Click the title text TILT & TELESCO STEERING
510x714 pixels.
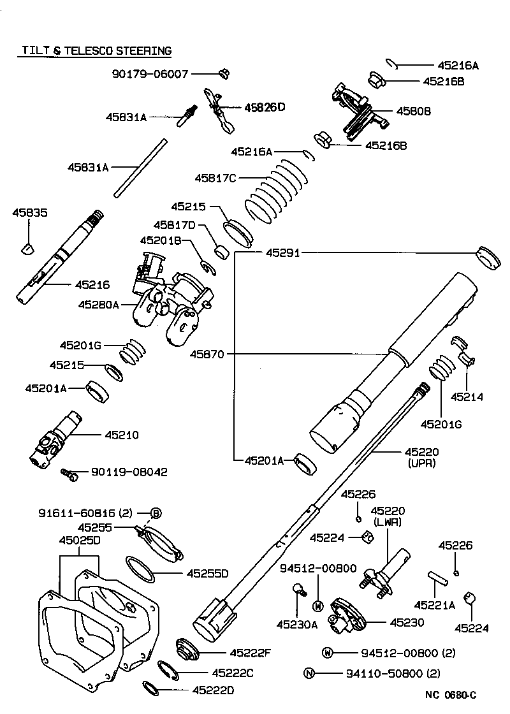(x=97, y=50)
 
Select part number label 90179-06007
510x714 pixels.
(x=150, y=74)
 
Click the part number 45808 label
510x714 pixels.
(x=413, y=111)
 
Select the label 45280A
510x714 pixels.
(x=99, y=305)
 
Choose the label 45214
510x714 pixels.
(x=467, y=397)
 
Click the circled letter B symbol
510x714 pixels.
(x=156, y=513)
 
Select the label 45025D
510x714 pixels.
(x=80, y=541)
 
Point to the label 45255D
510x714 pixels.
(x=207, y=574)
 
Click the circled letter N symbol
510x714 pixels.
(x=309, y=673)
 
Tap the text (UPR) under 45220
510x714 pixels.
(x=421, y=463)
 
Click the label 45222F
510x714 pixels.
(x=251, y=653)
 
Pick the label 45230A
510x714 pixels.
(x=296, y=625)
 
